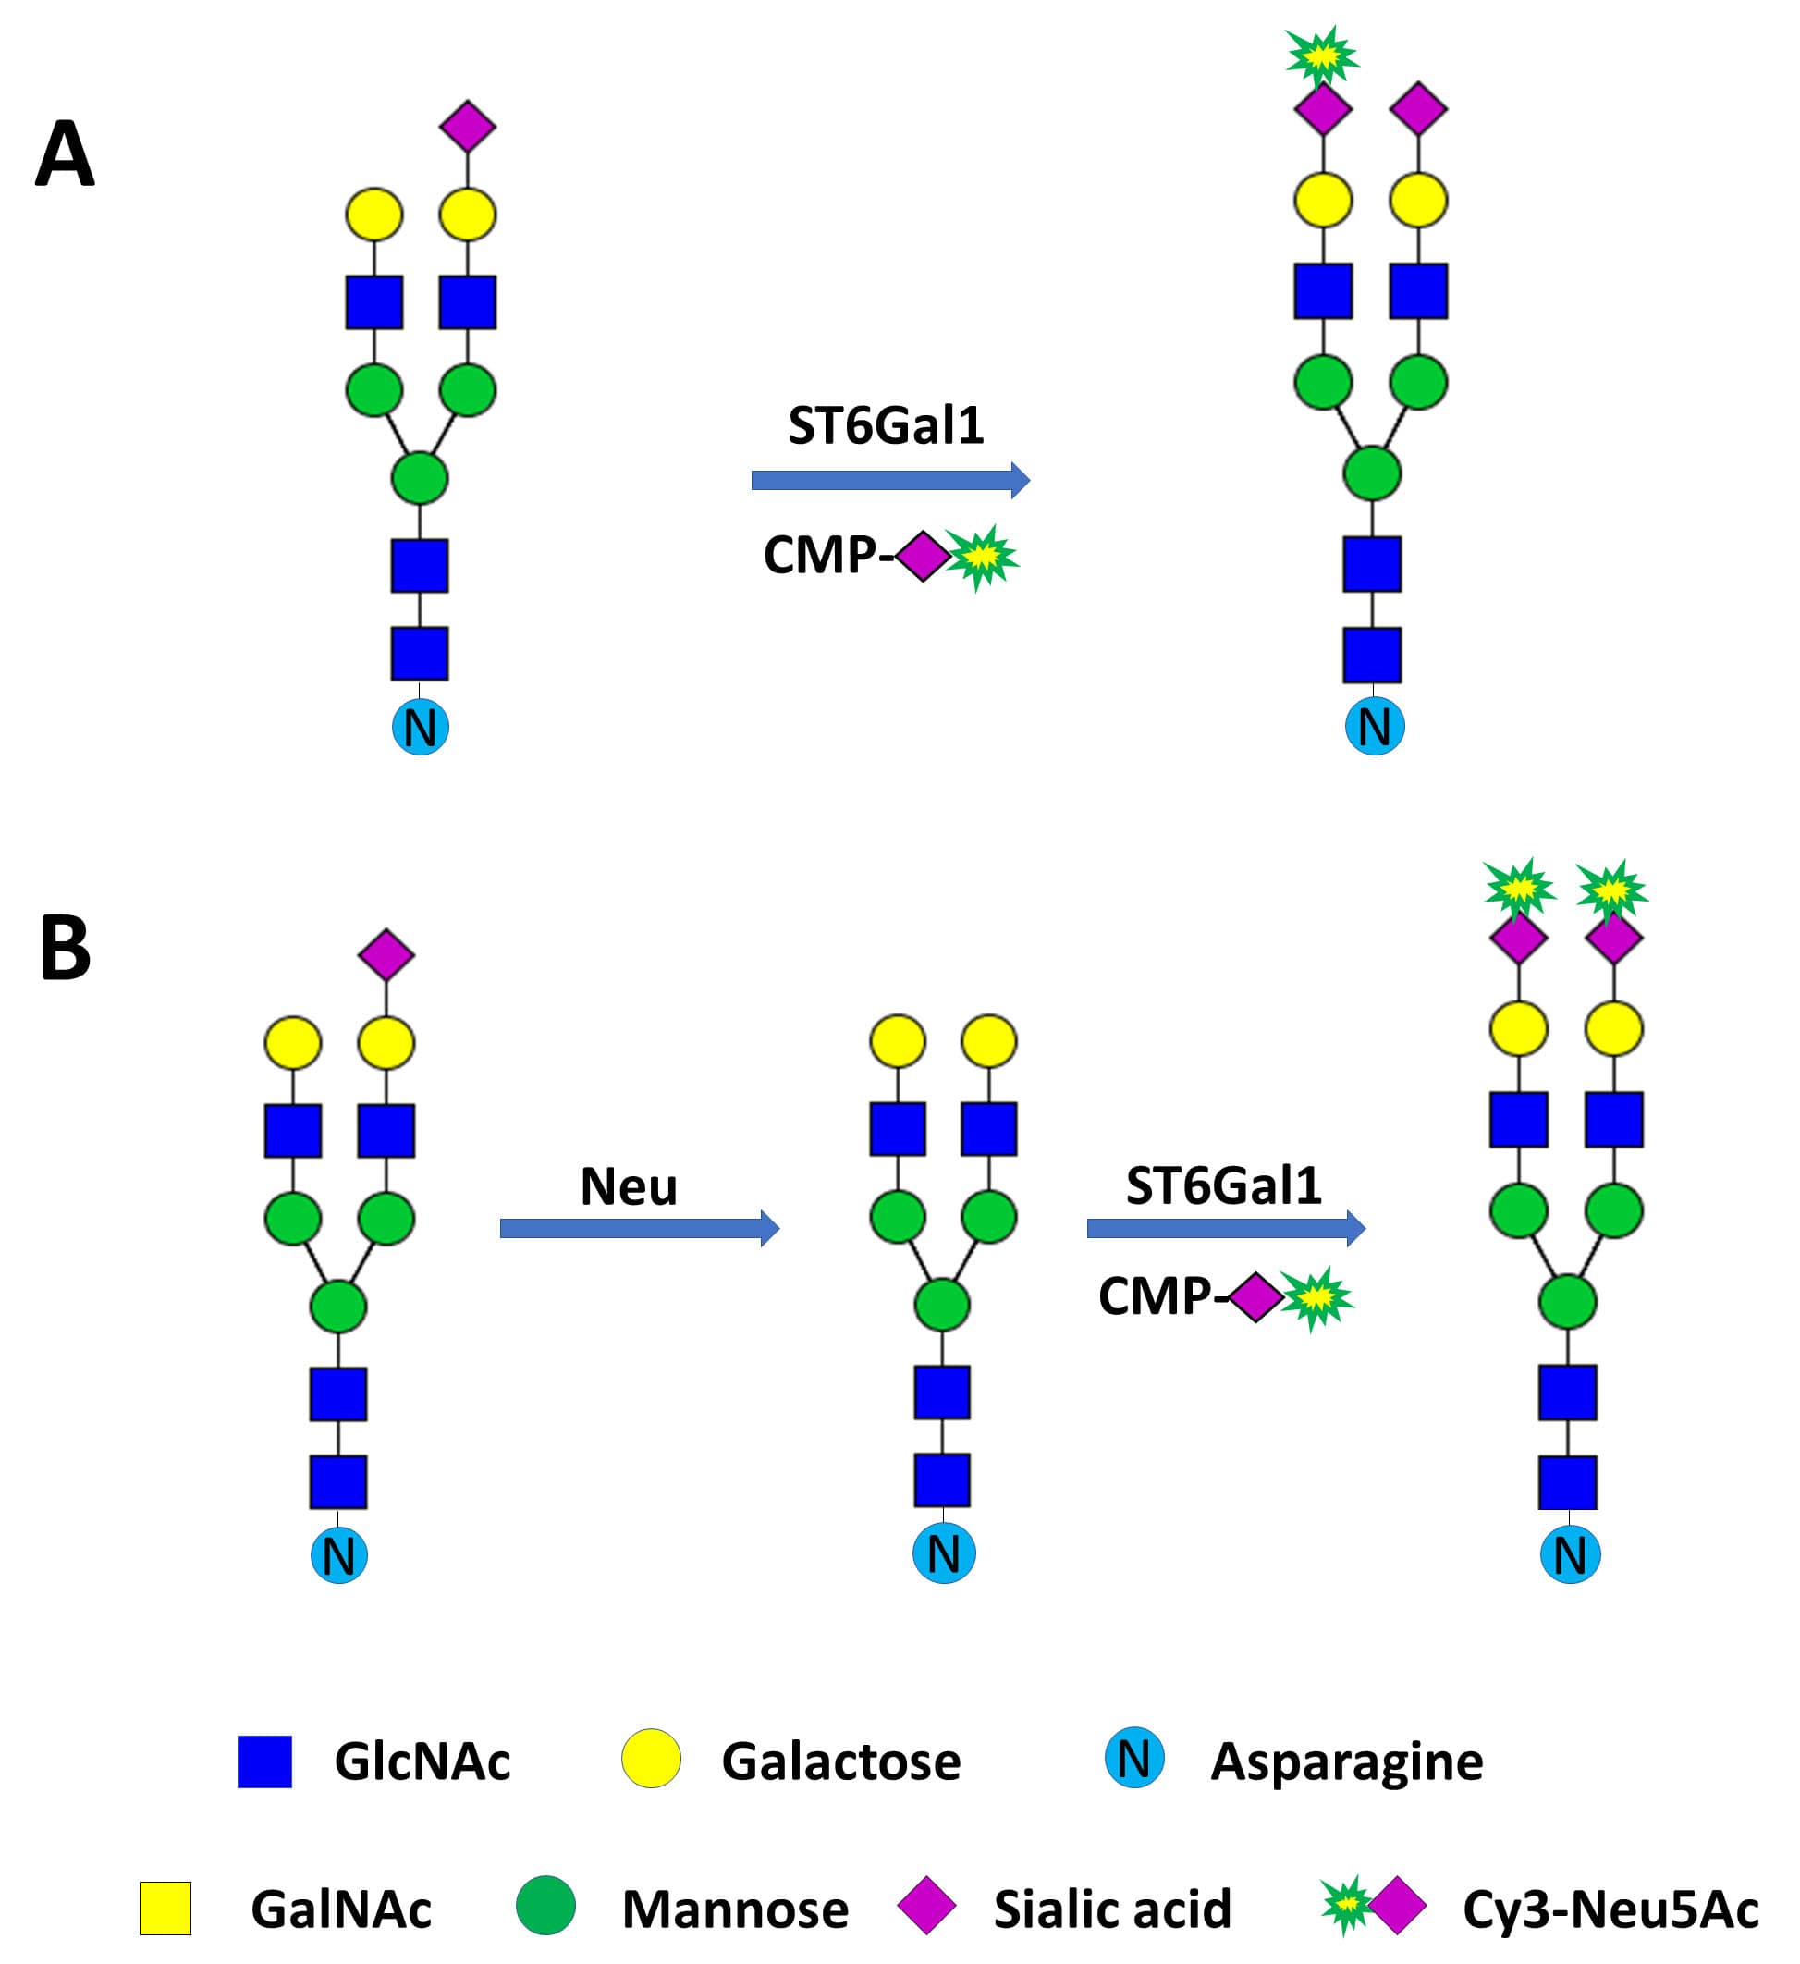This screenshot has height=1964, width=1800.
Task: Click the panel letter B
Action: point(65,948)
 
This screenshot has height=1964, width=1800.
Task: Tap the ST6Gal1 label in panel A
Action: point(886,425)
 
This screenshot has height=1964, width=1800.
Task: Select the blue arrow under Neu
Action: point(639,1229)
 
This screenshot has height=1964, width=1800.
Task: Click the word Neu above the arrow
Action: point(629,1185)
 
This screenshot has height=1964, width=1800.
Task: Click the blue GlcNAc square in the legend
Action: point(265,1761)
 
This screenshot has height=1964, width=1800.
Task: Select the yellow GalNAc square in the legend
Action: point(165,1909)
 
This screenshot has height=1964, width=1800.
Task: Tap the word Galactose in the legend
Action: point(840,1761)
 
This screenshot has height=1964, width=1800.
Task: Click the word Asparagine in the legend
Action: point(1346,1761)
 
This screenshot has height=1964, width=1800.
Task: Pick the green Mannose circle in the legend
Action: point(545,1906)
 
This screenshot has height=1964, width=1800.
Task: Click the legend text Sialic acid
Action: point(1112,1909)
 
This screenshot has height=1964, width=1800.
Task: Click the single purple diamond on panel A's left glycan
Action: point(468,126)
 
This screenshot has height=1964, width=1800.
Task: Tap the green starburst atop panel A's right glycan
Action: point(1322,56)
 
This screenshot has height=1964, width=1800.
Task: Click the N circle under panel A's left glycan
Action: point(420,727)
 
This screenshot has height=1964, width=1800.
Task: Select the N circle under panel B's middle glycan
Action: point(943,1553)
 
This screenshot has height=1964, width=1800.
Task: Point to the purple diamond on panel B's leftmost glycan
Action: point(386,953)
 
